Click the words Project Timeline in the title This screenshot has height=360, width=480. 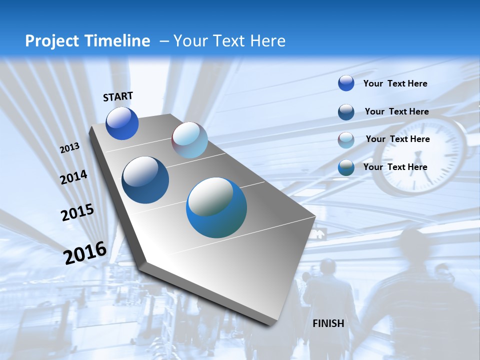[x=87, y=41]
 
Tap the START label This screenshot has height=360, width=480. [x=118, y=96]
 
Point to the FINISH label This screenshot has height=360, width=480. [x=328, y=323]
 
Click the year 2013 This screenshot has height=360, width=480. [x=69, y=148]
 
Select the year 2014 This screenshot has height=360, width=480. [x=73, y=177]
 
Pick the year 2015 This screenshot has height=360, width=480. [x=77, y=212]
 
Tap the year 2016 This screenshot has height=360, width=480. [x=85, y=252]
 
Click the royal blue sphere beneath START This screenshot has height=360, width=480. [x=122, y=123]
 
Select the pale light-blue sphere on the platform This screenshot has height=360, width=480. [x=189, y=140]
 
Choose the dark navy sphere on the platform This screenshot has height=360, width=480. [x=145, y=180]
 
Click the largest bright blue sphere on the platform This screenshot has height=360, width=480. [x=216, y=207]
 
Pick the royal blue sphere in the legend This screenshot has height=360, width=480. [x=346, y=83]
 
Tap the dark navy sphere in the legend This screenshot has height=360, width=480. [x=346, y=112]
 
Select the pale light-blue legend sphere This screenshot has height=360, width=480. [x=346, y=140]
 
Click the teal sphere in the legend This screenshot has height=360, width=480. [x=346, y=167]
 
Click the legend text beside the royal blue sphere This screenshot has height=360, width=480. [x=395, y=83]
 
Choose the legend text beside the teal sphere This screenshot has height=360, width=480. [x=395, y=167]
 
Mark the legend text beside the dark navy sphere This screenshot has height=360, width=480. [x=396, y=111]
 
